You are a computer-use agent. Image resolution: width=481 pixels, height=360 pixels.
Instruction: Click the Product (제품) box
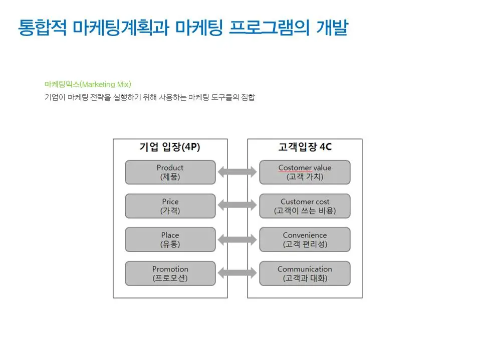[x=170, y=172]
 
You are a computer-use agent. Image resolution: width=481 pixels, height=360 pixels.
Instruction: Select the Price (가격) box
[x=170, y=206]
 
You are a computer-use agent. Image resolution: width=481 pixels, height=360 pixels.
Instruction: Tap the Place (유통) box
[x=170, y=239]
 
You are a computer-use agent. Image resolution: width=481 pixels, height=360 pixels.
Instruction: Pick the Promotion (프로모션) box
[x=170, y=273]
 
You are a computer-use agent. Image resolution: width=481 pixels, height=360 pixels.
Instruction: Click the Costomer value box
[x=305, y=172]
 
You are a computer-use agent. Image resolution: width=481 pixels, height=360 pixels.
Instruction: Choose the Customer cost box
[x=305, y=206]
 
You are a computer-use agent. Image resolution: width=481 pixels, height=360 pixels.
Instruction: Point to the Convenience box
[x=305, y=239]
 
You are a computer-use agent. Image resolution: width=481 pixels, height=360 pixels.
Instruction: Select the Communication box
[x=305, y=273]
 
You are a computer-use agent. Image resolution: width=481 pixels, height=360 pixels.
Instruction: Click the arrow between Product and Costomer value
[x=237, y=172]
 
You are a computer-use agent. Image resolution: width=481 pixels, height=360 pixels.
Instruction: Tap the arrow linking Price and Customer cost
[x=237, y=204]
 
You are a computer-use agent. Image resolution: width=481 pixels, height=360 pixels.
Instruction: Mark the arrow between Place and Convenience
[x=237, y=239]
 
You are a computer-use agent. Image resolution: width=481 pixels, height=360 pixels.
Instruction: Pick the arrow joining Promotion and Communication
[x=237, y=273]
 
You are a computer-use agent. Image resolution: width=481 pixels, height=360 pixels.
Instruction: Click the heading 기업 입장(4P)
[x=170, y=147]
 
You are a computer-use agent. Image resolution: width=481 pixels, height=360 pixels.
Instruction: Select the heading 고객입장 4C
[x=305, y=147]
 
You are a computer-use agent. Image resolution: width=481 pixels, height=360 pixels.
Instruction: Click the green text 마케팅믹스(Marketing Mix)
[x=88, y=84]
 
